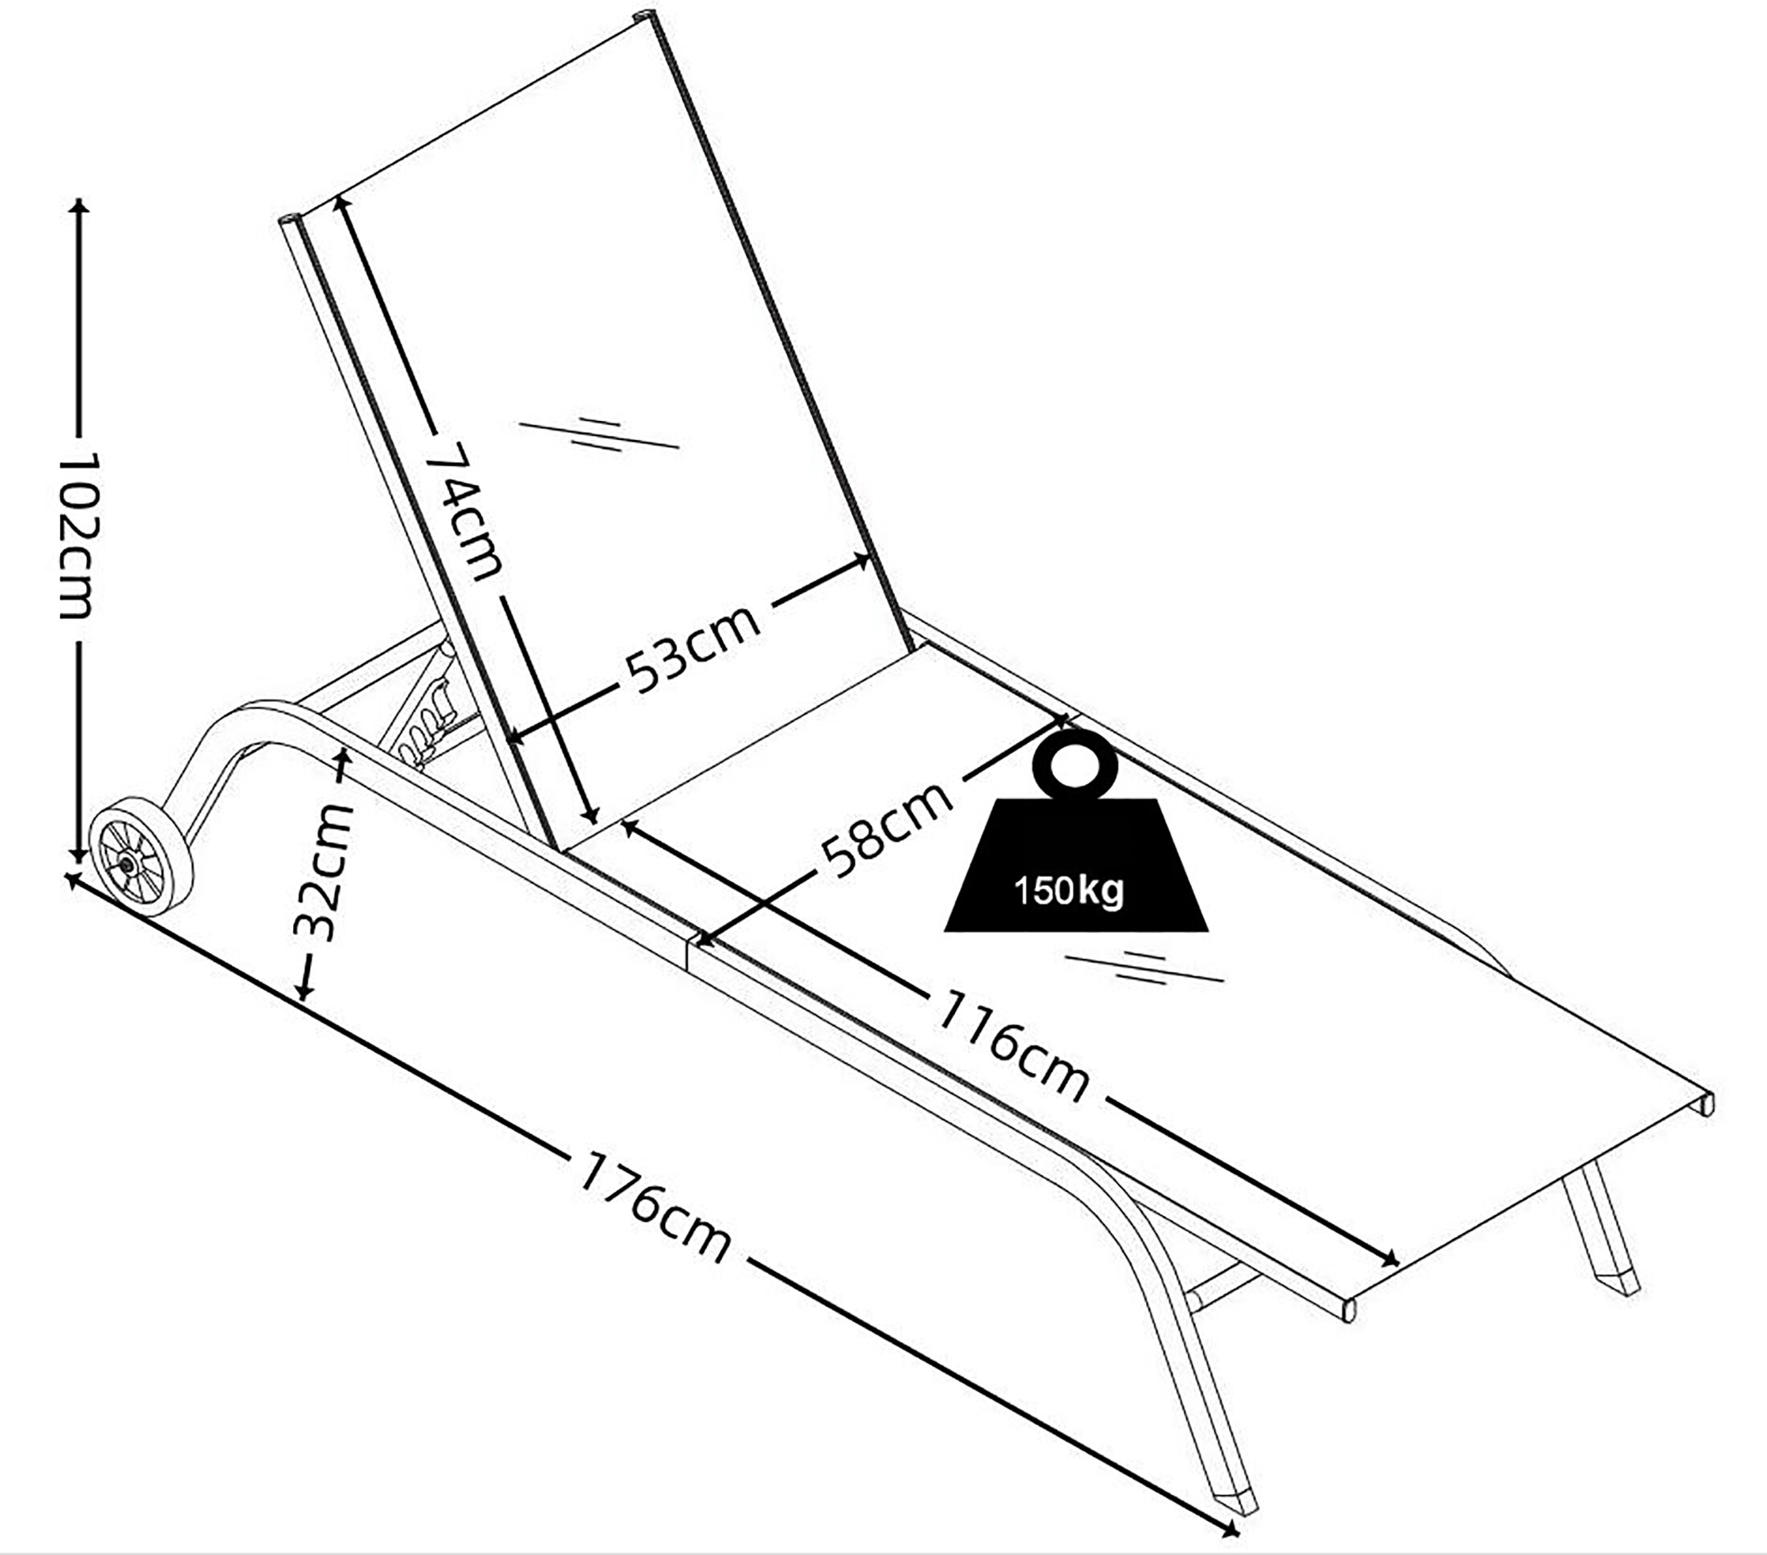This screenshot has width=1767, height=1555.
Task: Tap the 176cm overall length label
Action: [x=655, y=1206]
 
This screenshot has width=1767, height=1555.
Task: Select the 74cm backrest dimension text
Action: [x=463, y=510]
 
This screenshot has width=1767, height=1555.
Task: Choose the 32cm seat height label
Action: [x=324, y=871]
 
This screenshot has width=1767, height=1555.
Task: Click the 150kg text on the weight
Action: [x=1068, y=889]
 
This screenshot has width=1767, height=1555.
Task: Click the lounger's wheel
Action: [x=141, y=855]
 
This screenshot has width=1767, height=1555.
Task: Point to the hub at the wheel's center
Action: [x=128, y=863]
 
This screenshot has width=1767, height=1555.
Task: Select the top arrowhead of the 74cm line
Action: [x=341, y=203]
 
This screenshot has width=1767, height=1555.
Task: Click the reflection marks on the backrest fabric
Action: [x=598, y=435]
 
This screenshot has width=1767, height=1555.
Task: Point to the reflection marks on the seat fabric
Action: [x=1144, y=968]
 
